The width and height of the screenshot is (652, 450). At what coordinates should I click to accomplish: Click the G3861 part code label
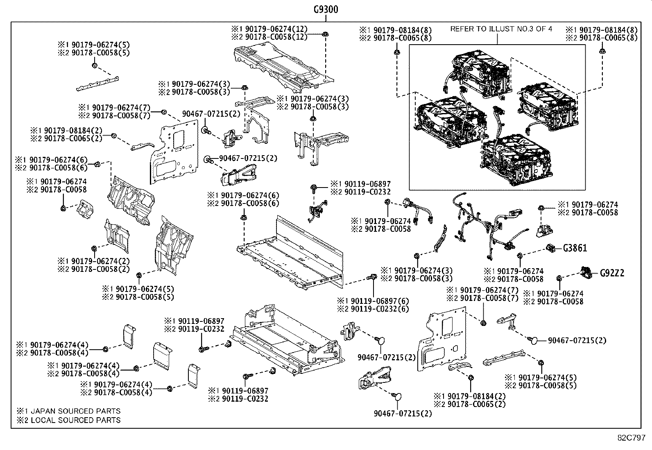[575, 248]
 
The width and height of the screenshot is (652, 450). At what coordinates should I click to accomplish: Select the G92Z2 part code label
[612, 273]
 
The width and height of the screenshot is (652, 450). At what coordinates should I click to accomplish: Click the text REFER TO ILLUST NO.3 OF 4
[501, 29]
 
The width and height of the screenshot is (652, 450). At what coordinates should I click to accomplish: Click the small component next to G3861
[551, 247]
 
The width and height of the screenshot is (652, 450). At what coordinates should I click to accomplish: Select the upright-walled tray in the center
[291, 254]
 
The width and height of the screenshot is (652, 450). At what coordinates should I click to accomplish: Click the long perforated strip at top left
[97, 84]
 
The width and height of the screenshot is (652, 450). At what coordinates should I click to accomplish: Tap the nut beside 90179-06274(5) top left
[94, 66]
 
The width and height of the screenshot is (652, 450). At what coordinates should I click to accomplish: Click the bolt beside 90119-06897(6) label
[373, 277]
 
